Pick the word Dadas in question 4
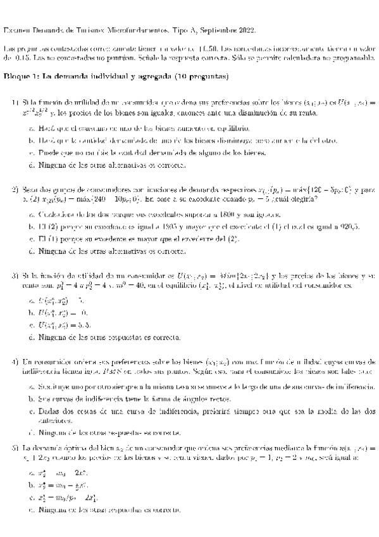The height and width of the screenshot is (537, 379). pyautogui.click(x=49, y=410)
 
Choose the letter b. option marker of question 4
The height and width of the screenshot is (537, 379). pyautogui.click(x=32, y=399)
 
